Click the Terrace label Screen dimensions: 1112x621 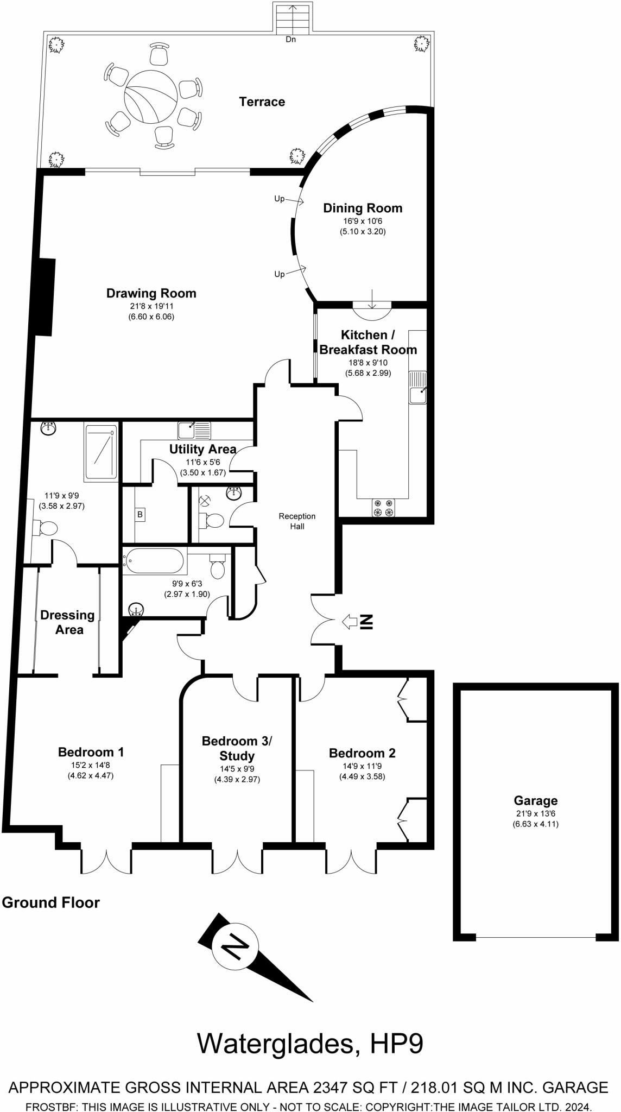pyautogui.click(x=262, y=102)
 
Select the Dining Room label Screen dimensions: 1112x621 pyautogui.click(x=363, y=208)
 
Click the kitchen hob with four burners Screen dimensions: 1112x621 pyautogui.click(x=383, y=508)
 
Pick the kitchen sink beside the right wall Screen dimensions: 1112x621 pyautogui.click(x=417, y=388)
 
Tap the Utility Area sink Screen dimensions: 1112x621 pyautogui.click(x=194, y=431)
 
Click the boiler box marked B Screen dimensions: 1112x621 pyautogui.click(x=140, y=514)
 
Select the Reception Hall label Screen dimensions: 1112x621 pyautogui.click(x=297, y=521)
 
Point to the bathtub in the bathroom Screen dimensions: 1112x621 pyautogui.click(x=154, y=561)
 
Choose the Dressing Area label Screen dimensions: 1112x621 pyautogui.click(x=68, y=622)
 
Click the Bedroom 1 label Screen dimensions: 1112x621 pyautogui.click(x=91, y=752)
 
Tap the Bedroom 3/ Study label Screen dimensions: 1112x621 pyautogui.click(x=237, y=748)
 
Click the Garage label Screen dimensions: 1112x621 pyautogui.click(x=535, y=800)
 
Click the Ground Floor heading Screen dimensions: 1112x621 pyautogui.click(x=51, y=902)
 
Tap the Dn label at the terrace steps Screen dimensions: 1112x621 pyautogui.click(x=291, y=39)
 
